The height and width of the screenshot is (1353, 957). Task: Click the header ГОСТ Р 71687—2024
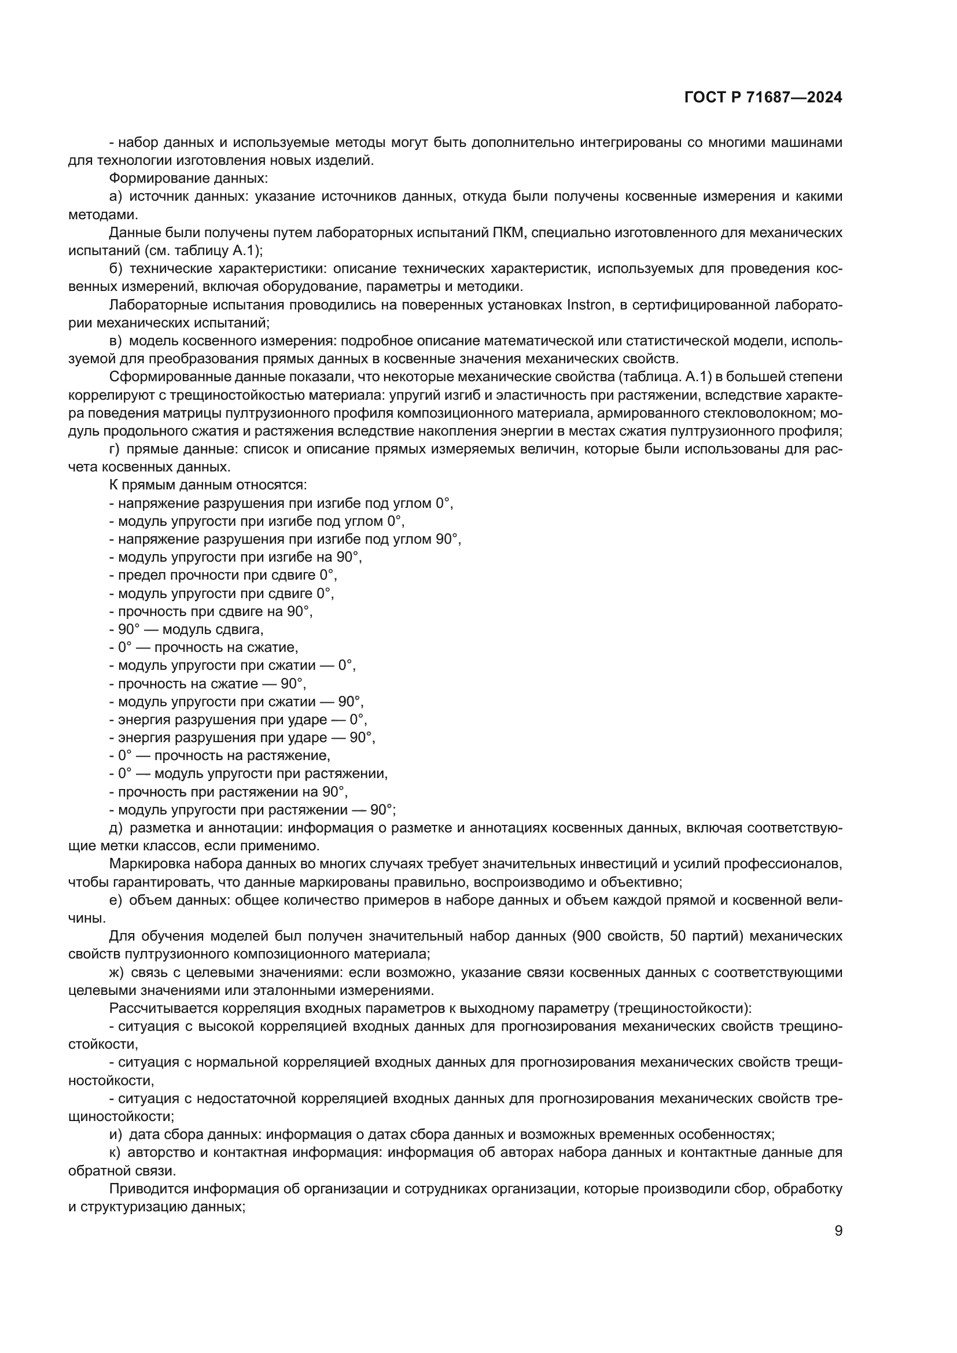point(763,98)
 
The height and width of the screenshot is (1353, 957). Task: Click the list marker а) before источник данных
point(116,196)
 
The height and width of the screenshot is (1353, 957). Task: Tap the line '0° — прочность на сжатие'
point(203,648)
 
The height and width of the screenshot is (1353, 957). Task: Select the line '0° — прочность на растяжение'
point(219,755)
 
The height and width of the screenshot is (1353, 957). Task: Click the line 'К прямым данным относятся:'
point(208,485)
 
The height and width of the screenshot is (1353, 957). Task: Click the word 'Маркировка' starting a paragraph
point(145,864)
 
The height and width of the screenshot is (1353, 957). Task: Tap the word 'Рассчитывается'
point(157,1008)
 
